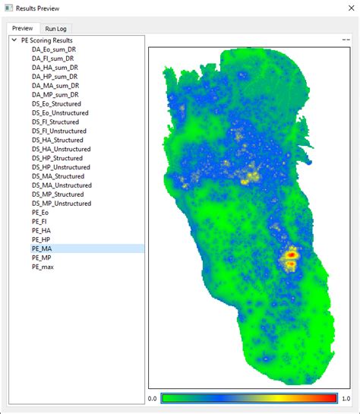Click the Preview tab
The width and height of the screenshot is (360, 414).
23,28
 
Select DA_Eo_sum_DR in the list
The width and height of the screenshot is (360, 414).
54,49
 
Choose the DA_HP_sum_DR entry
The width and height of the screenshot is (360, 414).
54,77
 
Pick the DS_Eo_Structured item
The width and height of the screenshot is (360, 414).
56,103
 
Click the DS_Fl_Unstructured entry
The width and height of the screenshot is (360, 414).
60,131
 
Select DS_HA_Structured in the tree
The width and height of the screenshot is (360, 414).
58,140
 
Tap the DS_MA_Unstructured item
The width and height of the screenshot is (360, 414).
62,185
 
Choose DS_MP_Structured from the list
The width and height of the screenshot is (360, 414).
58,194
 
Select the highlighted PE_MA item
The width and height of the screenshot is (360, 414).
42,248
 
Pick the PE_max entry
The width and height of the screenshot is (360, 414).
43,267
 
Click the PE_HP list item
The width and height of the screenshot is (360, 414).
42,239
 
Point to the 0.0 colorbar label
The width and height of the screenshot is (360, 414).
153,398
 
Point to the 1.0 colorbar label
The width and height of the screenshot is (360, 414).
346,398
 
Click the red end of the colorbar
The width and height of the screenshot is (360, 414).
332,398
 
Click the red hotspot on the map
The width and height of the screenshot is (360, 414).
289,259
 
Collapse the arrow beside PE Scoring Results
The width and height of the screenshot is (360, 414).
14,40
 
